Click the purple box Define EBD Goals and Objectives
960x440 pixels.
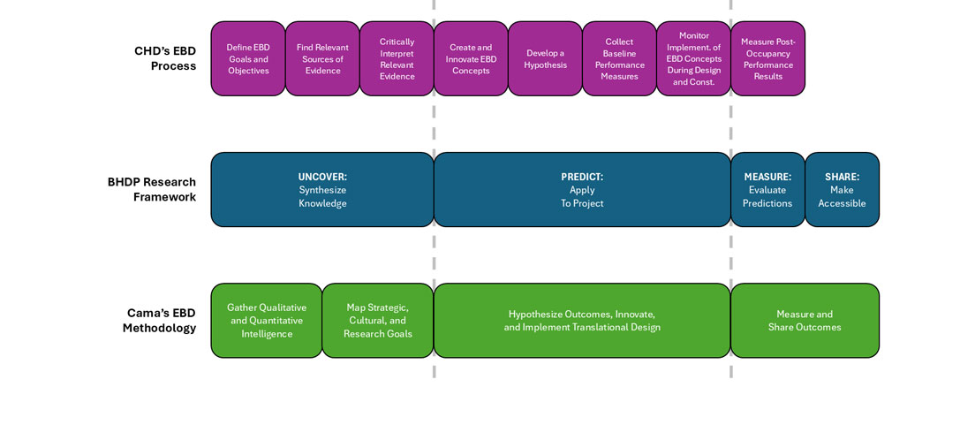(248, 59)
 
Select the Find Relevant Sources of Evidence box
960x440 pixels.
(322, 59)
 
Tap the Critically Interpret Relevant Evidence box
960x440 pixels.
(397, 59)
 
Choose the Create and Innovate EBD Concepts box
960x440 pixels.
(471, 59)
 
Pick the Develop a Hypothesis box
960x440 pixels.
(545, 59)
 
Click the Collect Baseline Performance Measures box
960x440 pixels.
(619, 59)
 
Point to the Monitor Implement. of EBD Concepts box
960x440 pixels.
(693, 59)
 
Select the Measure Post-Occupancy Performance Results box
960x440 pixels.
(767, 59)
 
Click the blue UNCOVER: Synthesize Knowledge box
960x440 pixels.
(322, 190)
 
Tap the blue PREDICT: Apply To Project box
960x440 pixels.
(582, 190)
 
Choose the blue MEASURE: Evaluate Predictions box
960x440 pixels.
(767, 190)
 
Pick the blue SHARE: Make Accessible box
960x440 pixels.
(842, 190)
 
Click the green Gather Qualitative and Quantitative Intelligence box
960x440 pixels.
(266, 321)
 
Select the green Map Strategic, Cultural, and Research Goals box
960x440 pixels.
(377, 321)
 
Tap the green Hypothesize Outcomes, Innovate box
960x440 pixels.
(582, 321)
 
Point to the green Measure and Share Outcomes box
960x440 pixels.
(805, 321)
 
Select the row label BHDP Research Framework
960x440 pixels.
(152, 190)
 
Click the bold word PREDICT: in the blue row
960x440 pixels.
(582, 177)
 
